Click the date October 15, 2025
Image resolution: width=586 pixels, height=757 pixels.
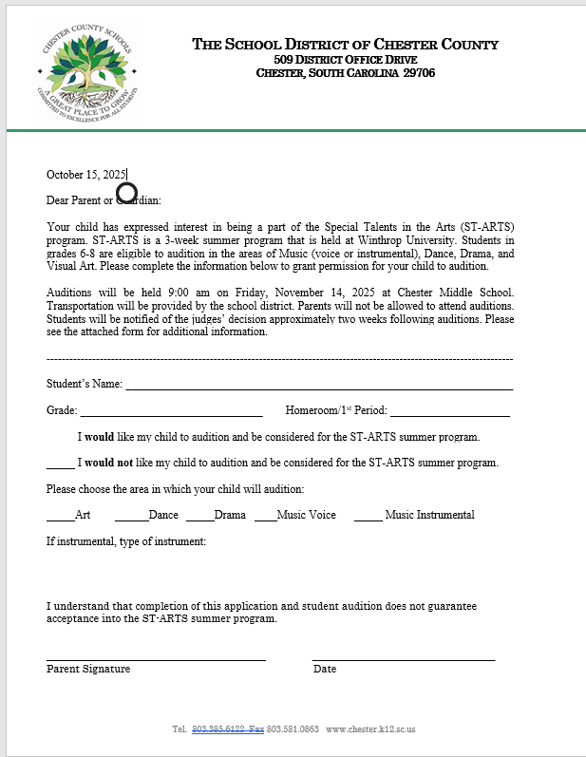pos(85,174)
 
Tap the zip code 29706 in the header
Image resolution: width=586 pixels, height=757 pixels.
pos(419,73)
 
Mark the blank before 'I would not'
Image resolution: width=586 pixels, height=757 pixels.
pos(61,465)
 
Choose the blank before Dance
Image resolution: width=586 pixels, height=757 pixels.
pos(131,518)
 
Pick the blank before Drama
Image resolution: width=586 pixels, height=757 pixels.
pos(199,518)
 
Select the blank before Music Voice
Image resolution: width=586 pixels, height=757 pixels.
pos(265,518)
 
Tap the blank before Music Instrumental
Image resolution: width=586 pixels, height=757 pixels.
pos(368,518)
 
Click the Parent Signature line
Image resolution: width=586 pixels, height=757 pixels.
pos(156,657)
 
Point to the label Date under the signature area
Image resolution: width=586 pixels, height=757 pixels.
pos(325,669)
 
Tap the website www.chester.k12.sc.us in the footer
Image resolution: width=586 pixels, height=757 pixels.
pos(370,729)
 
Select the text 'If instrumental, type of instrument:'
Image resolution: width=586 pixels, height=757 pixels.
pos(126,541)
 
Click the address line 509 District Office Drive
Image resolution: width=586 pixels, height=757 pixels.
pos(346,60)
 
